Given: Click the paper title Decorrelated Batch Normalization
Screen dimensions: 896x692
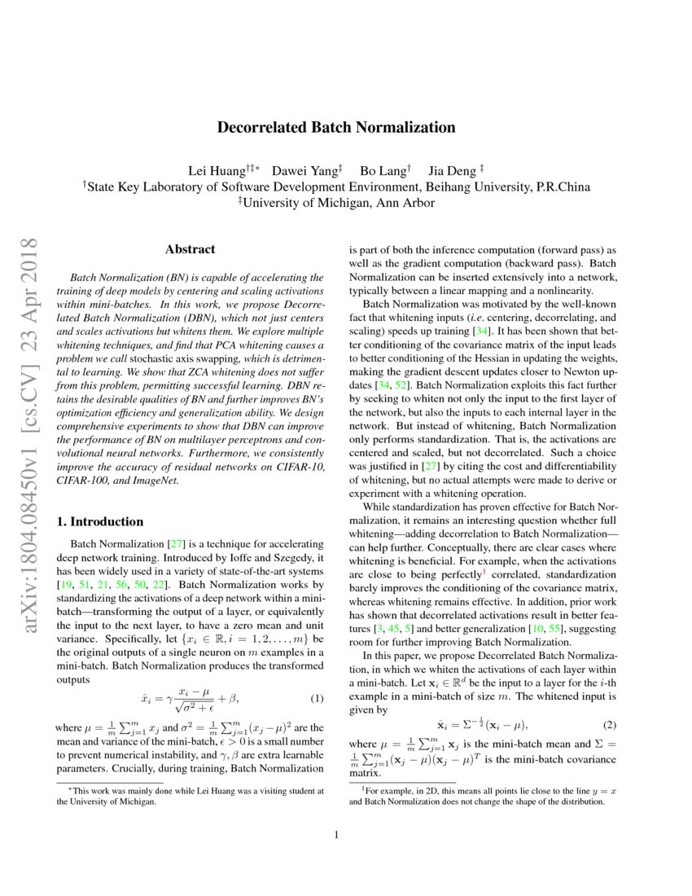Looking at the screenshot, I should click(335, 127).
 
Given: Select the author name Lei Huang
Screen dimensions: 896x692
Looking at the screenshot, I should click(214, 170).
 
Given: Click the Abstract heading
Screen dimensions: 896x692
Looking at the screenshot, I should click(190, 249).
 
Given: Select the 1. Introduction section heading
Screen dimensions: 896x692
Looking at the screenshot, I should click(103, 521).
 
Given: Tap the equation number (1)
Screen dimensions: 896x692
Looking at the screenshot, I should click(318, 699).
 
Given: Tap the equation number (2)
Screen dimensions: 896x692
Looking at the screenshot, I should click(609, 725).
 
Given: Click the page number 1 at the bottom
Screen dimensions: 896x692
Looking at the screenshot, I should click(335, 835).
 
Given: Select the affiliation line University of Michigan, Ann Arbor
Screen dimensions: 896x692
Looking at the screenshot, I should click(335, 203).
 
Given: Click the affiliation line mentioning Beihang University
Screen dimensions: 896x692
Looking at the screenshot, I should click(335, 187).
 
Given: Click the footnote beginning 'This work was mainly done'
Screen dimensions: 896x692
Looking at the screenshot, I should click(190, 796).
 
